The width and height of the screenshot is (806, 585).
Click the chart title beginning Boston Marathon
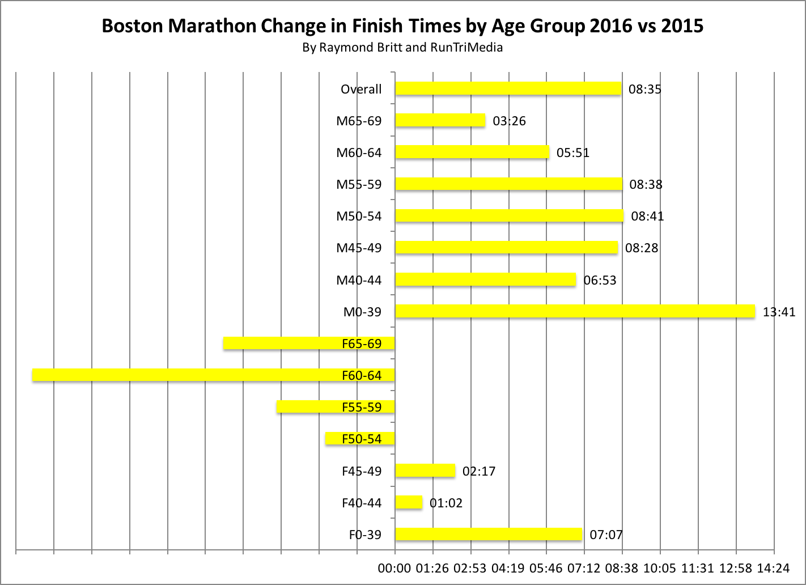402,26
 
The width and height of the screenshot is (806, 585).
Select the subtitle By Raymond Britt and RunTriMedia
402,48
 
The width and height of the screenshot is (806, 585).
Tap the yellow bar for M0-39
575,311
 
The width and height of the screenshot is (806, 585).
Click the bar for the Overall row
508,88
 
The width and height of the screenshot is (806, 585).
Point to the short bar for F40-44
409,502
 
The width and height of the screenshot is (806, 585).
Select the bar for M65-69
440,120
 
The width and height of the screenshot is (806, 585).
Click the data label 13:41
779,312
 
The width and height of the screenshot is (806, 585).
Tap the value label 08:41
647,216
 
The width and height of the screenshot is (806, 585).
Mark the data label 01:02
446,503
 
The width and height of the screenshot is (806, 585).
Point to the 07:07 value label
606,535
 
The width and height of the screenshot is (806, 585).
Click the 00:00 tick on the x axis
394,568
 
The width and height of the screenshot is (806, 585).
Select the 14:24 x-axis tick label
773,568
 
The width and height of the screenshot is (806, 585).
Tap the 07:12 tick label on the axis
584,568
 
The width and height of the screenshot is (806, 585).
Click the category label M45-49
359,248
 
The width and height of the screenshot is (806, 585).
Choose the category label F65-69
362,344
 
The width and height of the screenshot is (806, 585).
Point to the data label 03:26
509,121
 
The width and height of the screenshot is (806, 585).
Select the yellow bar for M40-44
485,279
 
